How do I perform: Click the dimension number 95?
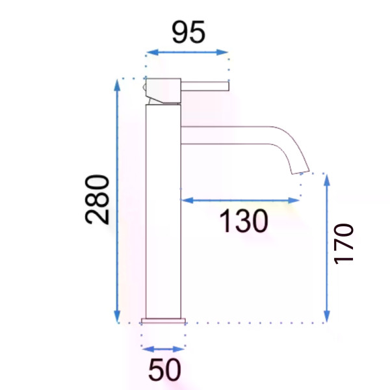[188, 32]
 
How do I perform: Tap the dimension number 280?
[97, 200]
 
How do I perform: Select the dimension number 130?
[244, 221]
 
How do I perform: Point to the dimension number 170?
[343, 244]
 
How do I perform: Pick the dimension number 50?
[164, 370]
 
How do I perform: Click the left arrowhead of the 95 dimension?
[152, 52]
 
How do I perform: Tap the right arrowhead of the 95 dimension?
[222, 52]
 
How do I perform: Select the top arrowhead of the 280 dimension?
[117, 85]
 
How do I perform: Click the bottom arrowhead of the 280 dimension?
[117, 317]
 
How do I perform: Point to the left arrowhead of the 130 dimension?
[187, 200]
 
